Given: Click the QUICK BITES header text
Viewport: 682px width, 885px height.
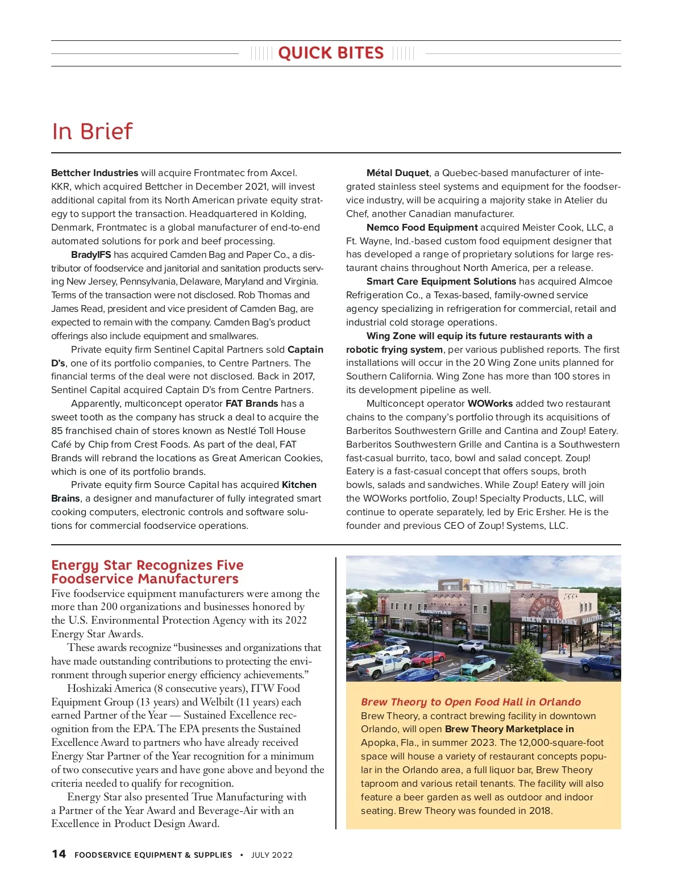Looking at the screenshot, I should pos(331,53).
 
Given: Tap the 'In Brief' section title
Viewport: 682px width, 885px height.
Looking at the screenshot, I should pos(92,131).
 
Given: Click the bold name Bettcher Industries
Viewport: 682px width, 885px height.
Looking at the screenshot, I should pos(94,173).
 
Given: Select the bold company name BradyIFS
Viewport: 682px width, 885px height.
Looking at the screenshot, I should pos(91,254).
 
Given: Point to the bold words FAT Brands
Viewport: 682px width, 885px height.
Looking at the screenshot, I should pos(252,403).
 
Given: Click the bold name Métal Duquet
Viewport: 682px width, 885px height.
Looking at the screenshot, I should pos(398,173).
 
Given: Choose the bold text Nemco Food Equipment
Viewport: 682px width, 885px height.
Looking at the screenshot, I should pos(422,227).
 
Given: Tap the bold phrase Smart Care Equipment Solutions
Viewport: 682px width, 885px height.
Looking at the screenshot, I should pos(441,281).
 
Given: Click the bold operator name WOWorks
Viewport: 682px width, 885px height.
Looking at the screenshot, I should pos(490,403).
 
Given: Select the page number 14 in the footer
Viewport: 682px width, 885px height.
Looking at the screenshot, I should pos(59,854).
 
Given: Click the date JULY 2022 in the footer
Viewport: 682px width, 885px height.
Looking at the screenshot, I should pos(272,855).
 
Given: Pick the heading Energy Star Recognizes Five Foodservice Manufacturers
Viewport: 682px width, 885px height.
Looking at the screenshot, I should pos(147,572).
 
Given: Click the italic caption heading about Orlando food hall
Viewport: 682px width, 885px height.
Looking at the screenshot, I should pos(471,702).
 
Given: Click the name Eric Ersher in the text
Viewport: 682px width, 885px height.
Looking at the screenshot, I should pos(540,512).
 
